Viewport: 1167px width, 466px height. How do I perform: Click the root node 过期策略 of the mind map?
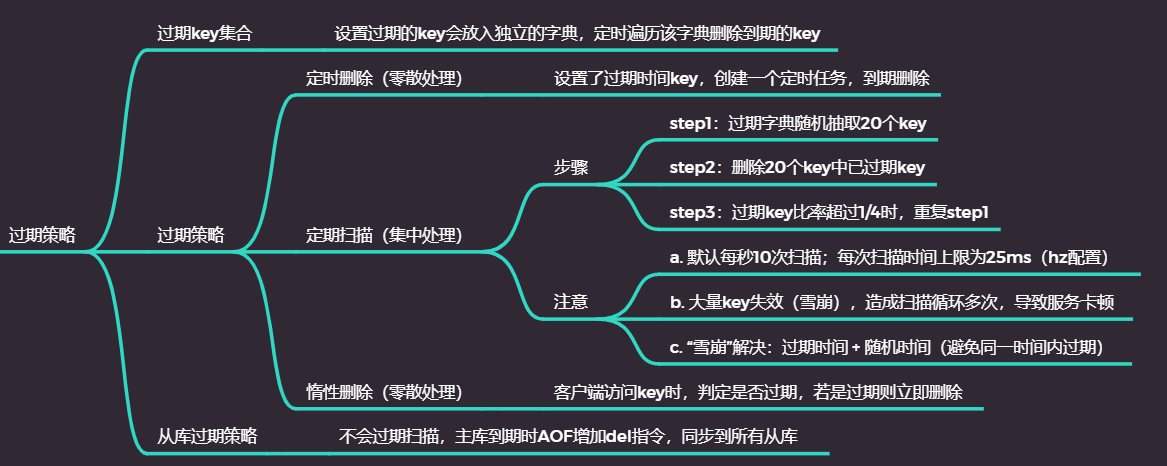[x=42, y=236]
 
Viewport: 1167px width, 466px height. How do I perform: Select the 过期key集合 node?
[x=204, y=33]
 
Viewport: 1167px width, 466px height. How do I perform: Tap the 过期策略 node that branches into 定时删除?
[x=190, y=236]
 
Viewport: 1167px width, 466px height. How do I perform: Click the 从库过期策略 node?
[x=207, y=436]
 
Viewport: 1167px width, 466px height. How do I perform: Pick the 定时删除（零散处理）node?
[x=383, y=79]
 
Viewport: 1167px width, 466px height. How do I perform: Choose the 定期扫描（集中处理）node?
[x=383, y=236]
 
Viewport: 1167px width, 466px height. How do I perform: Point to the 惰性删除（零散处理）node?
[x=383, y=392]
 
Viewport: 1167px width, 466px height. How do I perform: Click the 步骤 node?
[x=572, y=168]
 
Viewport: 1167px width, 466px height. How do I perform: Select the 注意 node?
[x=572, y=301]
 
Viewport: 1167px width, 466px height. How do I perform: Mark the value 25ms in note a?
[x=1009, y=257]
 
